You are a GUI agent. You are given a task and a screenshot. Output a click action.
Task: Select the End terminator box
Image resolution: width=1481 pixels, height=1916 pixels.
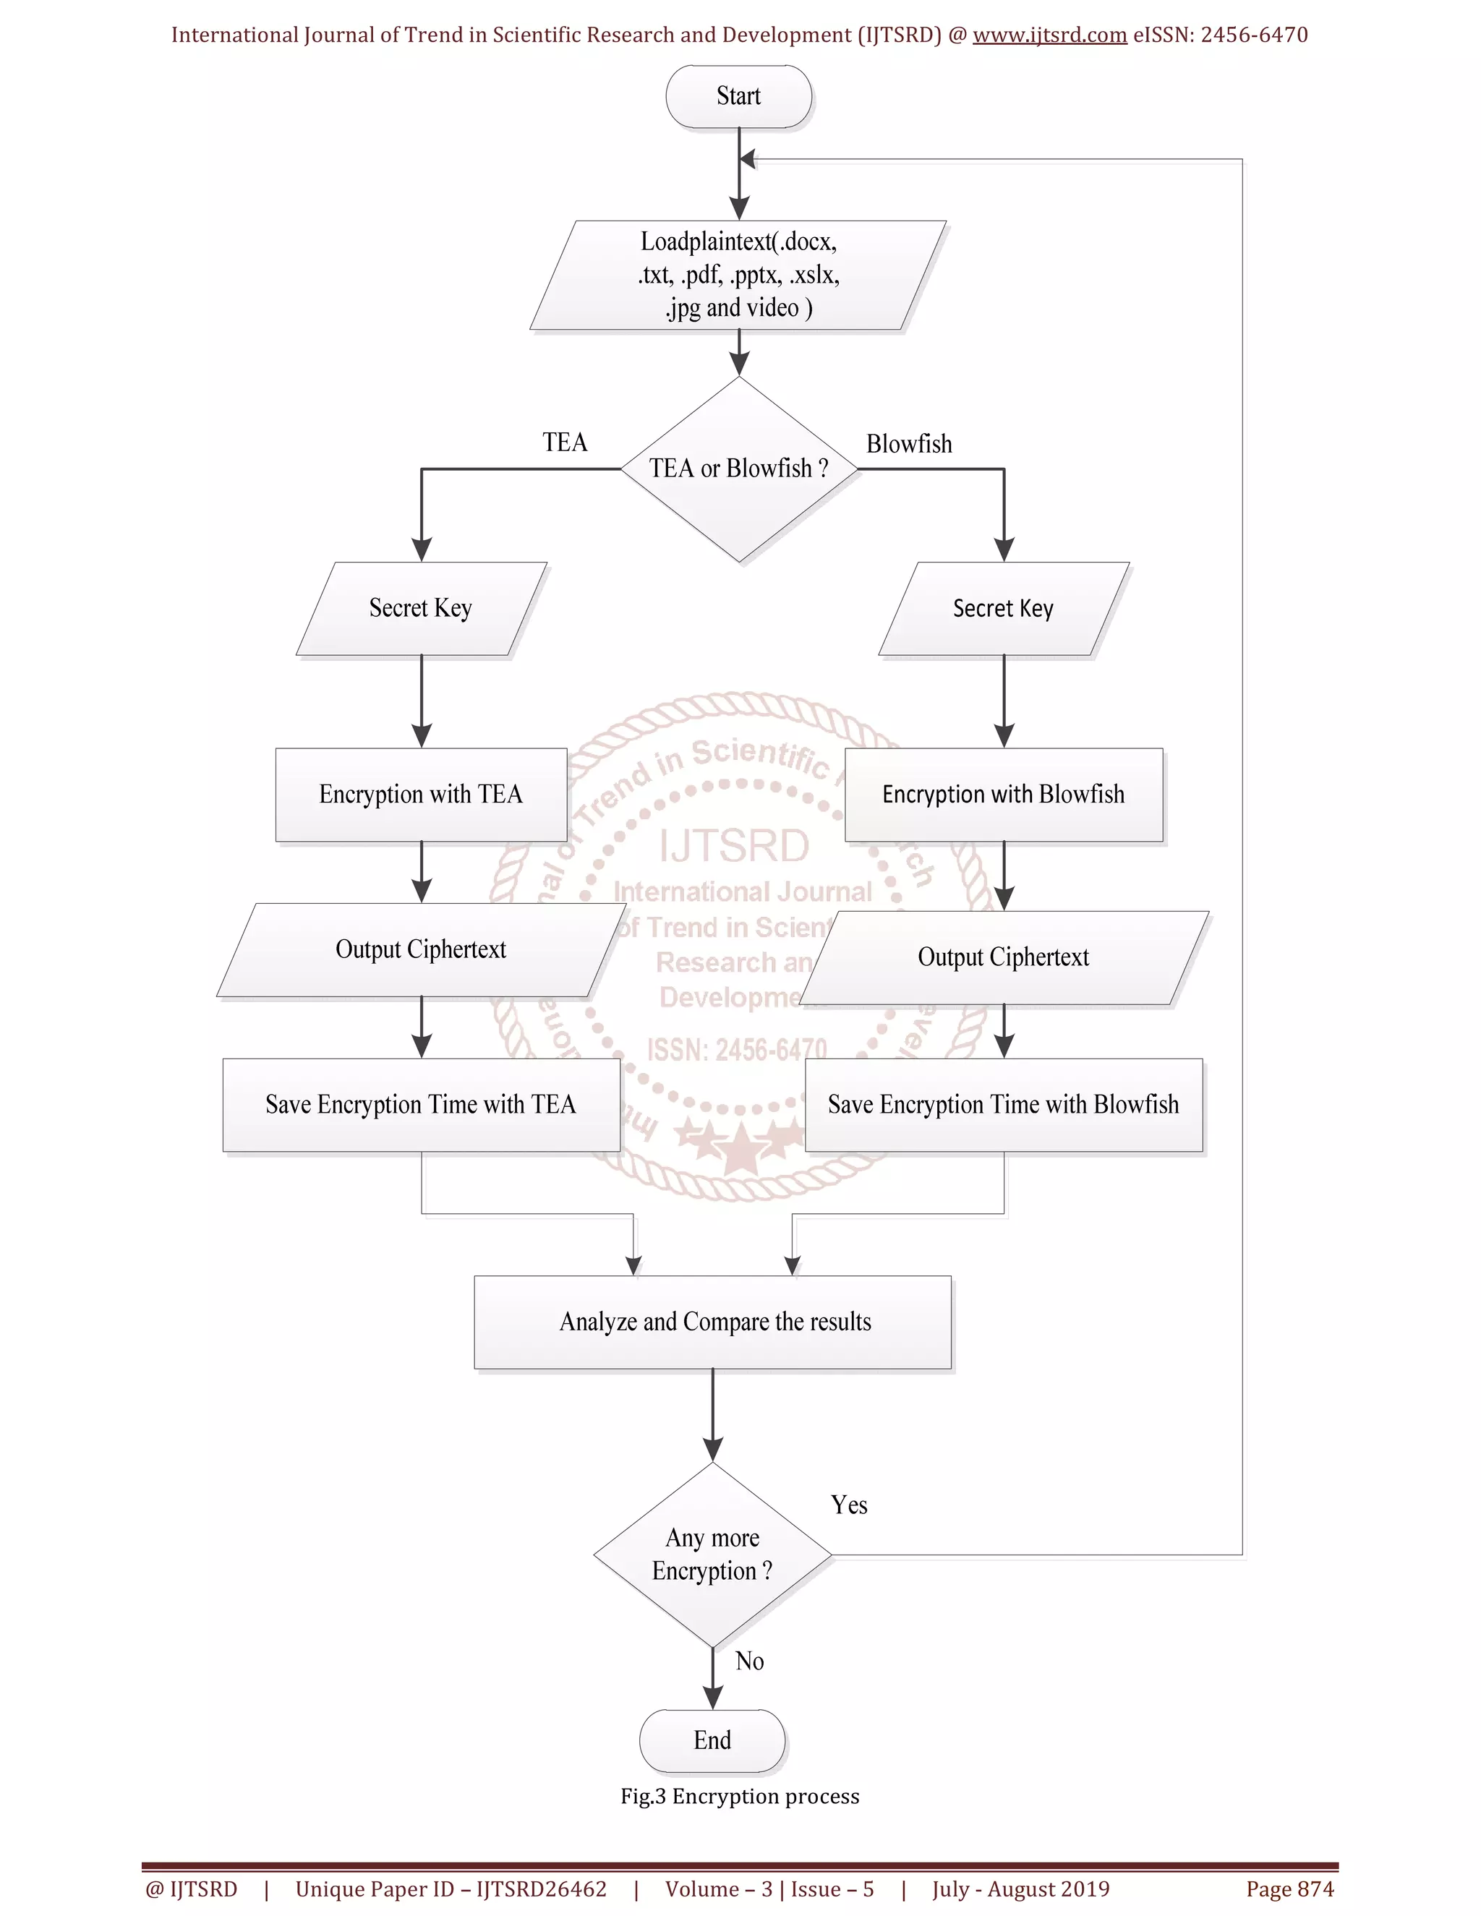712,1740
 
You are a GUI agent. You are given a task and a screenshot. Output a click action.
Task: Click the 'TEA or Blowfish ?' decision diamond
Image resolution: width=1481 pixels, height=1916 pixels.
739,469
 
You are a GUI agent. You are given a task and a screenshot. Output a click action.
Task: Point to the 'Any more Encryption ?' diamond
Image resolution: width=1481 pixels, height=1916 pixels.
712,1554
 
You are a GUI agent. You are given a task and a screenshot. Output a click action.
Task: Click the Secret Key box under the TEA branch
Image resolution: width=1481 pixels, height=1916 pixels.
420,608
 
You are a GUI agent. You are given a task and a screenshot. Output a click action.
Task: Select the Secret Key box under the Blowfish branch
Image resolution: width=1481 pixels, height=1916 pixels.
1003,608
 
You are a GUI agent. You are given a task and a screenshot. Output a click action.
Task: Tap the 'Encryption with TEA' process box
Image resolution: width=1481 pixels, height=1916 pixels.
420,795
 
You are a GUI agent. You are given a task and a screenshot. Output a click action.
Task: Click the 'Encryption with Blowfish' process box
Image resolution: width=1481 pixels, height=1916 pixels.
1003,795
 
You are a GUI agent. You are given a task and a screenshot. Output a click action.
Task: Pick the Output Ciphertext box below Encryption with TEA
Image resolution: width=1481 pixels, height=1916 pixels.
420,949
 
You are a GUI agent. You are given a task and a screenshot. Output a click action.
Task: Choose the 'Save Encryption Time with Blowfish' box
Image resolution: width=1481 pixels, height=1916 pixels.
1003,1105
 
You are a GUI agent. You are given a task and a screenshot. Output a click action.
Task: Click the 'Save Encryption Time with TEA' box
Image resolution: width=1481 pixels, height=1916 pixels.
420,1105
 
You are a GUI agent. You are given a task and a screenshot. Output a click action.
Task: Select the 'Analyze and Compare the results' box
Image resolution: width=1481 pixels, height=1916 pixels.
713,1322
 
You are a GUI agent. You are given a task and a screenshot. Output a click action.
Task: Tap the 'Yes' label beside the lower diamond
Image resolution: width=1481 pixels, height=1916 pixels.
848,1505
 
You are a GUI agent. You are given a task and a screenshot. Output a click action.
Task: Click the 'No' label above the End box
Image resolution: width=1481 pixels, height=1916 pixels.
749,1661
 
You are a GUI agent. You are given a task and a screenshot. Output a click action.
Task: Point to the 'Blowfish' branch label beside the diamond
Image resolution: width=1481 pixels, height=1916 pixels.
908,444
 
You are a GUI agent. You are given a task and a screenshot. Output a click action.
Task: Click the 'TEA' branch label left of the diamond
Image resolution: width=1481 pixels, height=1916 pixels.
564,442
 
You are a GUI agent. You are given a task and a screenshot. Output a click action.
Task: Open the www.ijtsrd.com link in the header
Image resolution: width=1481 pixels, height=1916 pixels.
1049,35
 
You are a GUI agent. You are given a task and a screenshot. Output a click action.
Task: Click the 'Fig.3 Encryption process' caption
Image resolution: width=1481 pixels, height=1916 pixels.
740,1796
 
